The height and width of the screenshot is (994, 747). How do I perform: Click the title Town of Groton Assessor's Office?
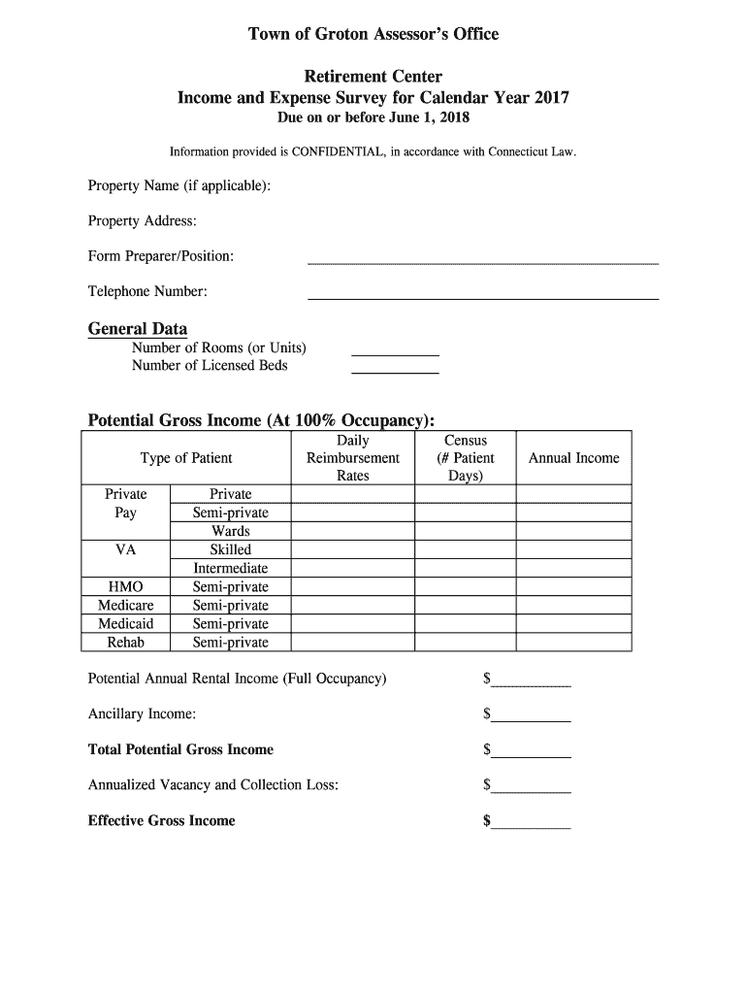373,35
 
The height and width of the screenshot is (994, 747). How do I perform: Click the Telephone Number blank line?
482,297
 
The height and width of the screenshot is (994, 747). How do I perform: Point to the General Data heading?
138,329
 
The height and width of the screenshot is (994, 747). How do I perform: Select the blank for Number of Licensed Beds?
395,371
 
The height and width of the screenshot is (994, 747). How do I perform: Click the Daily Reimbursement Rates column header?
353,458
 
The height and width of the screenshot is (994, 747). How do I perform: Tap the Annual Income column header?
573,458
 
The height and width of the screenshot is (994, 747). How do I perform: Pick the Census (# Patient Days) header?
466,458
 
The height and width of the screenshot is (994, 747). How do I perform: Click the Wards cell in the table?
231,531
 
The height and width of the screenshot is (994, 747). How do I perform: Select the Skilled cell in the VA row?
231,549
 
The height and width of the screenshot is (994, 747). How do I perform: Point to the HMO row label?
126,587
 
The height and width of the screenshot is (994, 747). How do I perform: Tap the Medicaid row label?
126,624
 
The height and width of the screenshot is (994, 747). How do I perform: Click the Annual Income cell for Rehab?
573,643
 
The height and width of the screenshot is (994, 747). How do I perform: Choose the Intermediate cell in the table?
231,569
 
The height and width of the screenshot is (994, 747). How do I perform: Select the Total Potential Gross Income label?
180,750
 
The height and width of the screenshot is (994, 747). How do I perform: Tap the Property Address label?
143,221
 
